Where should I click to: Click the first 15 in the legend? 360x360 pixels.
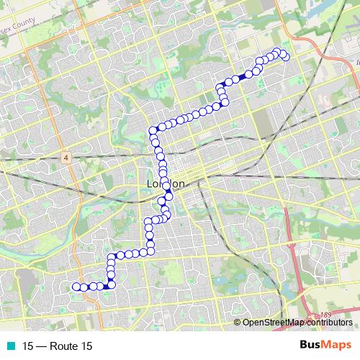pos(27,346)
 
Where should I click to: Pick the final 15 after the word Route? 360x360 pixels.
pos(86,346)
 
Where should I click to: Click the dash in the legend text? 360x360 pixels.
pos(41,346)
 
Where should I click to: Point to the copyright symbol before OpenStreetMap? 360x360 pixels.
pos(238,323)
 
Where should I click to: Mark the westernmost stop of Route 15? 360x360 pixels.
pos(76,287)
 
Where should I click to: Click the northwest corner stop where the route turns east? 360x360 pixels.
pos(153,130)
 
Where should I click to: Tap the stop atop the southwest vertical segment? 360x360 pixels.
pos(111,257)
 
